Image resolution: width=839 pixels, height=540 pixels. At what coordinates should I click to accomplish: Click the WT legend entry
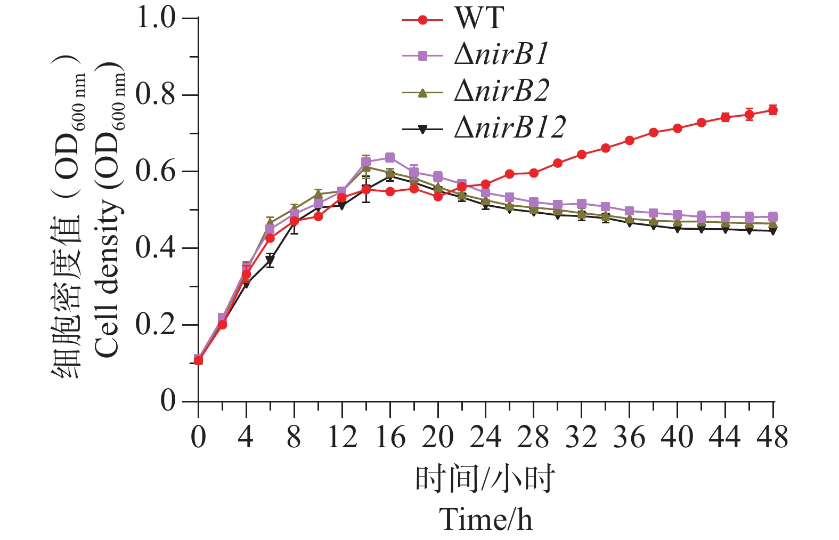click(x=478, y=18)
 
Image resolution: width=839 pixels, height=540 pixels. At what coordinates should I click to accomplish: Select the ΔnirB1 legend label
click(x=501, y=54)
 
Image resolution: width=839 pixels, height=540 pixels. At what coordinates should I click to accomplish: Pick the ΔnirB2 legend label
click(x=501, y=91)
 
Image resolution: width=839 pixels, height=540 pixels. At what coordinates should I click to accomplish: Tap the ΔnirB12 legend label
click(x=509, y=127)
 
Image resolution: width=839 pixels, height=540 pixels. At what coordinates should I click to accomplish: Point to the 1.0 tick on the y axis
click(x=156, y=18)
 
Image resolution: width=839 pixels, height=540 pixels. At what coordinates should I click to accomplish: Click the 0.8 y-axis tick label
click(x=156, y=95)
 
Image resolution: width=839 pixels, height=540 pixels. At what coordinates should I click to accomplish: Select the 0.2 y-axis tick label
click(x=156, y=325)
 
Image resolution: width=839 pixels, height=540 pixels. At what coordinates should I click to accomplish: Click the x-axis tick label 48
click(x=772, y=438)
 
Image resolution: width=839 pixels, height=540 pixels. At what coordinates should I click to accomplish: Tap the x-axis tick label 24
click(x=485, y=438)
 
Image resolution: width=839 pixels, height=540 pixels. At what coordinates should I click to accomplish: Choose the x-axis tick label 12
click(x=341, y=438)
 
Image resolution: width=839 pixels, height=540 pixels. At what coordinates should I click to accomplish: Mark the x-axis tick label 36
click(x=629, y=438)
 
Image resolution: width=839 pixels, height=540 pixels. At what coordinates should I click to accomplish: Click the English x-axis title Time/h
click(x=485, y=519)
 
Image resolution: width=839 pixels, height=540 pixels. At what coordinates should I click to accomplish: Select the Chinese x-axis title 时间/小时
click(x=485, y=478)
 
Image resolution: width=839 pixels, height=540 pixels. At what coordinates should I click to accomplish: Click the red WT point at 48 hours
click(x=773, y=110)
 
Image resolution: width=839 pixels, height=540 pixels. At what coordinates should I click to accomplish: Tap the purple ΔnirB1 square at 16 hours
click(x=390, y=158)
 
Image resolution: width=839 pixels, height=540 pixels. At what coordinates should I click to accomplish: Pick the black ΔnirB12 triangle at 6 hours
click(x=270, y=261)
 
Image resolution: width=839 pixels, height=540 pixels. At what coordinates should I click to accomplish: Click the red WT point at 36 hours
click(x=629, y=141)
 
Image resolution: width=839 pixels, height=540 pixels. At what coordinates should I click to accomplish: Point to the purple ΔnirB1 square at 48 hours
click(x=773, y=217)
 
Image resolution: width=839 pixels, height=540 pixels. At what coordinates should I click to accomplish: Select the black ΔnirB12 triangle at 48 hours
click(x=773, y=231)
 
